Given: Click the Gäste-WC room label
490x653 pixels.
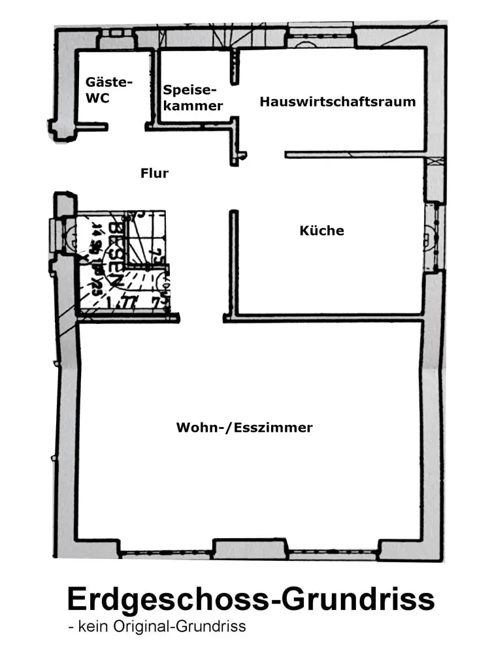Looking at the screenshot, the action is click(x=109, y=90).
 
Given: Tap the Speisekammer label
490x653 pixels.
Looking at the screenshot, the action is click(x=193, y=97).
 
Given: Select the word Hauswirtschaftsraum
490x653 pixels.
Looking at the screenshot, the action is click(x=337, y=102).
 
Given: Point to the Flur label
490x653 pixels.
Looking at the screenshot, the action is click(x=154, y=173).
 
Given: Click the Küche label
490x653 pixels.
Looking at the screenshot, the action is click(x=321, y=231).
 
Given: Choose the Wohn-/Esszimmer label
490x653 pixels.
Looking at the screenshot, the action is click(x=244, y=428).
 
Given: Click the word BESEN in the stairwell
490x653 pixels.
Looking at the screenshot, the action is click(x=116, y=255).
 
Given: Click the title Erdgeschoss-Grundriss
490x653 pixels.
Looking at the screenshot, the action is click(x=250, y=599).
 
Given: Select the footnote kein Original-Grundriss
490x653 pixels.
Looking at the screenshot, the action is click(x=157, y=627).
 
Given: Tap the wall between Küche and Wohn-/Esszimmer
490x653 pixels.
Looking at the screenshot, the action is click(x=327, y=319).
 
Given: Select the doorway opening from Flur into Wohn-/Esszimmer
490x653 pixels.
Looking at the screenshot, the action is click(x=201, y=319).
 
